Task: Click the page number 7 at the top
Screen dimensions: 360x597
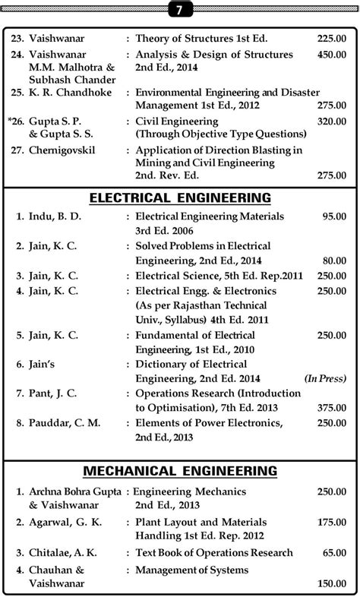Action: (180, 9)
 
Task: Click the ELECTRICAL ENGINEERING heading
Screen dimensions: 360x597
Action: (180, 198)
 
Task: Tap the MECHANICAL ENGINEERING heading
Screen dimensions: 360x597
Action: (180, 472)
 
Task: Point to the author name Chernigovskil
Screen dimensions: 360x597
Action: (65, 150)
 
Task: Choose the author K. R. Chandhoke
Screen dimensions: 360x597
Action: (70, 93)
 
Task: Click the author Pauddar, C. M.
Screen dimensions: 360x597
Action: (65, 423)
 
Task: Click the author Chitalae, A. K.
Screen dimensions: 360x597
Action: (63, 553)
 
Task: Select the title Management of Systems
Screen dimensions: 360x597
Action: (191, 570)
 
